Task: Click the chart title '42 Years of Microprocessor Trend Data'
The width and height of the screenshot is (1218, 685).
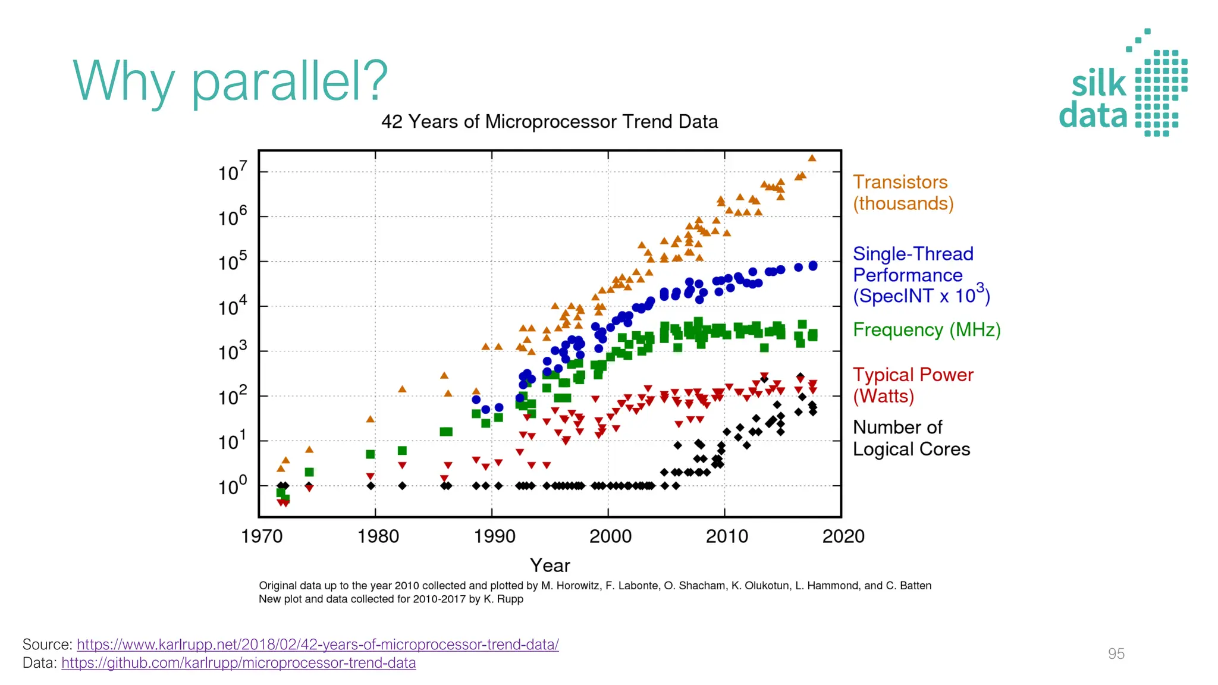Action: [549, 122]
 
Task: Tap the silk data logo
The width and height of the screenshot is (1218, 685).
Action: [1123, 84]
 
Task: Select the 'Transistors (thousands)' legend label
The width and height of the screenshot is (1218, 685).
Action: [903, 193]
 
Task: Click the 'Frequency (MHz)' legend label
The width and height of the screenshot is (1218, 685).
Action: [926, 329]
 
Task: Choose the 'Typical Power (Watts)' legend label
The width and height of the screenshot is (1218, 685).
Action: [912, 385]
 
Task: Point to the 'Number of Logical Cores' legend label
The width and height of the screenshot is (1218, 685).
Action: [911, 438]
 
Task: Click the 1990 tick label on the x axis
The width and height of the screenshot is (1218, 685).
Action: [494, 536]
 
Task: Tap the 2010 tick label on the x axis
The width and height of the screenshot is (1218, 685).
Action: [726, 536]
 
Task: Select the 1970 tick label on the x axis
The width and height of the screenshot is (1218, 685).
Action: [262, 536]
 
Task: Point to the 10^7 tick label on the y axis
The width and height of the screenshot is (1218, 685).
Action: [232, 172]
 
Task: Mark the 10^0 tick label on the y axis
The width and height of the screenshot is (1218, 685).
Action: [232, 486]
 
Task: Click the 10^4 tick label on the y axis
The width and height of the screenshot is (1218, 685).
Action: [232, 307]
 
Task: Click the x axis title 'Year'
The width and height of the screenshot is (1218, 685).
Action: [550, 565]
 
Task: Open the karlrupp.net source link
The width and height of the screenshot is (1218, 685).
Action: [318, 645]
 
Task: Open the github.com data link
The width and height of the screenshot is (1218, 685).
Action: [238, 663]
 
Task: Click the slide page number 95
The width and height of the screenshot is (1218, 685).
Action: [1116, 654]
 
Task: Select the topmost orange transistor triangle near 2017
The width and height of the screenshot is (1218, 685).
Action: [812, 158]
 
